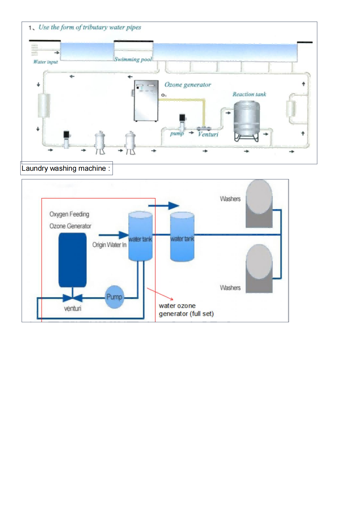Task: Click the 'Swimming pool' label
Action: coord(133,59)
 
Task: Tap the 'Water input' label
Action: coord(45,62)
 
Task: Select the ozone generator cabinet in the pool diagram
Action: coord(146,101)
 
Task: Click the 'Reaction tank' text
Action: coord(249,94)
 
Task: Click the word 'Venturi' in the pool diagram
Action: coord(208,134)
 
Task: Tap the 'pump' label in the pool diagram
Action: coord(177,134)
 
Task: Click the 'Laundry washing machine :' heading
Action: coord(66,168)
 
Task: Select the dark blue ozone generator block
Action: coord(73,260)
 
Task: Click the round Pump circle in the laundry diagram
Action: coord(114,297)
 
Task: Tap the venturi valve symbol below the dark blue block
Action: coord(73,298)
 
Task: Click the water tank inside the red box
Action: coord(140,236)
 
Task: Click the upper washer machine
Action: coord(259,203)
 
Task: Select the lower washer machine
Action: coord(259,268)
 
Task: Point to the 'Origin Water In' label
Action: coord(109,245)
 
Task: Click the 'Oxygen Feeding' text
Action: coord(69,214)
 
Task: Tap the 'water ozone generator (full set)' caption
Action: coord(186,310)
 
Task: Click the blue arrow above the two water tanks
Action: coord(164,205)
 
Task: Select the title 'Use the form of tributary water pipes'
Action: coord(90,27)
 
